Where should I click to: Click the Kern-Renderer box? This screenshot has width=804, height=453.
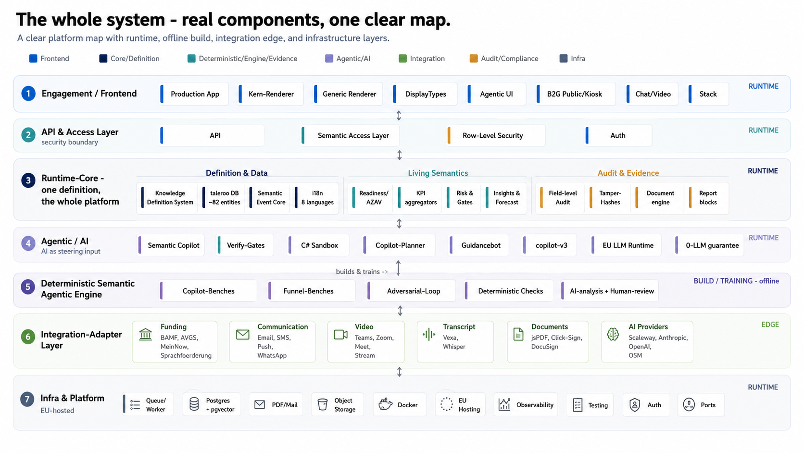[271, 94]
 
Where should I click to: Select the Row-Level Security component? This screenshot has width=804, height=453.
[496, 135]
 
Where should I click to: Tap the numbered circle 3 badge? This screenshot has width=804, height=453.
[28, 181]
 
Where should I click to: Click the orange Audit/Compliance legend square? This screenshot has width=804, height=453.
[474, 59]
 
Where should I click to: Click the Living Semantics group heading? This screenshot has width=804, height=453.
[438, 173]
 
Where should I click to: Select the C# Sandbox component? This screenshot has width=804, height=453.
[318, 245]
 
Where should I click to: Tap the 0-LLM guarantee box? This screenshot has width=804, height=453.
[708, 245]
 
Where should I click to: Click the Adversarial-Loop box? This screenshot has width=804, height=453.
[411, 291]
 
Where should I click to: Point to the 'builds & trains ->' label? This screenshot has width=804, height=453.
[362, 272]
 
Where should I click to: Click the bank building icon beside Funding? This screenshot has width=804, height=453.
[145, 334]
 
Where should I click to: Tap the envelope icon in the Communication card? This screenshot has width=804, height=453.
[243, 335]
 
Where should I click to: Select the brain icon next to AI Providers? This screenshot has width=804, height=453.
[613, 334]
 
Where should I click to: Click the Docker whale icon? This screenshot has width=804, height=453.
[386, 404]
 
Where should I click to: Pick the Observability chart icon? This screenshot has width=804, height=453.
[504, 404]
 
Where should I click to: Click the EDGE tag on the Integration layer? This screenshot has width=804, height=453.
[770, 324]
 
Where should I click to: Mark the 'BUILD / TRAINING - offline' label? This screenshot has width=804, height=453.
[736, 281]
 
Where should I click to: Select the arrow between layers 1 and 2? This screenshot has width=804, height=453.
[399, 116]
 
